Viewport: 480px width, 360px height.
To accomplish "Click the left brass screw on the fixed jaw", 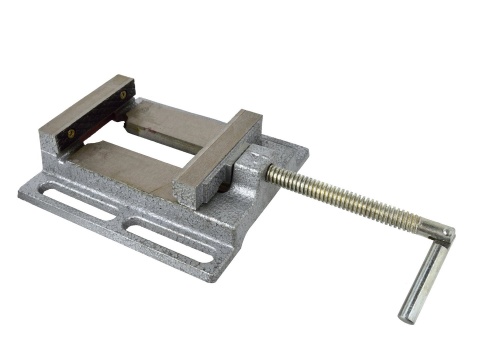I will tap(70, 131).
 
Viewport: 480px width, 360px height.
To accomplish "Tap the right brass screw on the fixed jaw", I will tap(122, 95).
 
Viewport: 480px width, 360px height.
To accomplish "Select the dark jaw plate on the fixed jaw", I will tap(98, 116).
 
